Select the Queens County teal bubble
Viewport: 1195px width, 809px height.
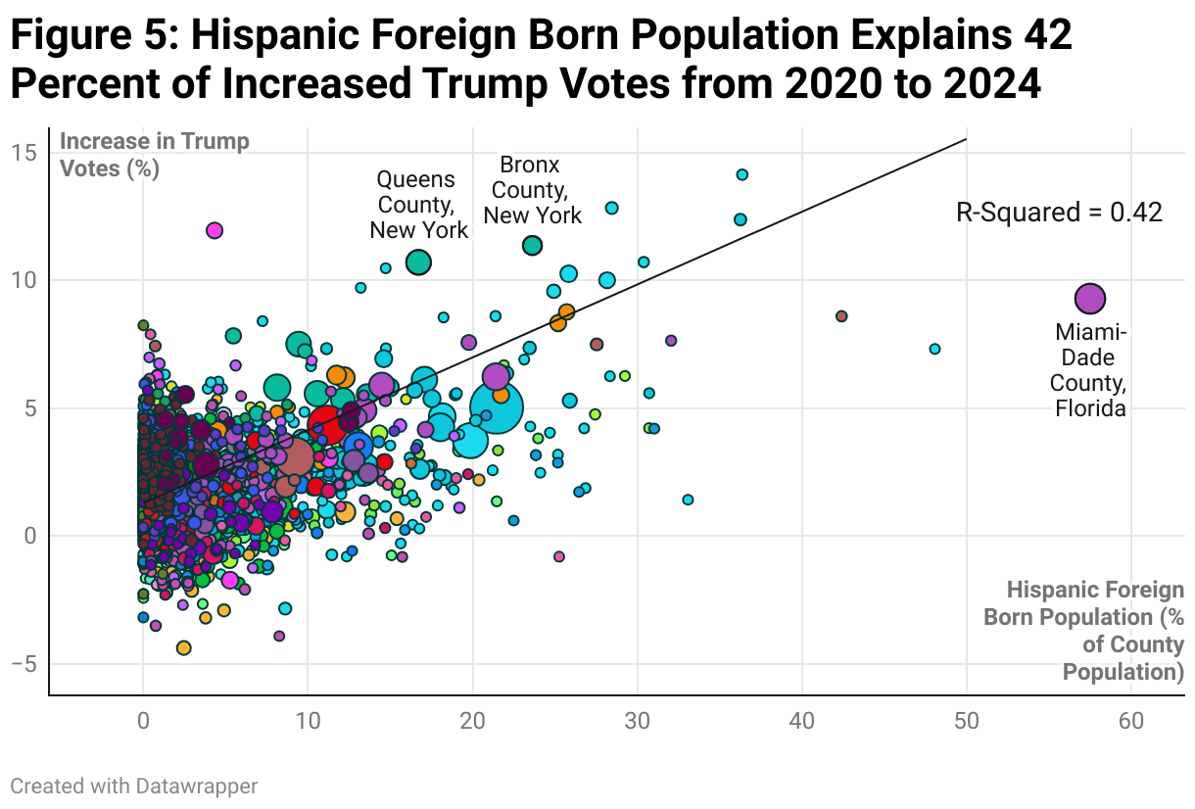click(x=418, y=262)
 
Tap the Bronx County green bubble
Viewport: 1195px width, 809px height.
click(x=532, y=246)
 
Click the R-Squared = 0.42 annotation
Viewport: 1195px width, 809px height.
click(x=1058, y=213)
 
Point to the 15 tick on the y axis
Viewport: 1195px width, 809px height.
click(x=25, y=153)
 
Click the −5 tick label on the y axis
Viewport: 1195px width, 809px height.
click(x=24, y=664)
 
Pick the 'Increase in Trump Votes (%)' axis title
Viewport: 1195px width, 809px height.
click(x=155, y=154)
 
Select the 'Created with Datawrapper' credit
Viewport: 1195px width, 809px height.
click(x=134, y=785)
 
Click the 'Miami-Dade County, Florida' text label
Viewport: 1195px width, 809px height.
click(x=1090, y=371)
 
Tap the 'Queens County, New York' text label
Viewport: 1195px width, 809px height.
click(x=418, y=205)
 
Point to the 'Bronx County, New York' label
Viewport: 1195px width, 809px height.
click(x=532, y=189)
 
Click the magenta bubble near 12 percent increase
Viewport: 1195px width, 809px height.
click(x=215, y=230)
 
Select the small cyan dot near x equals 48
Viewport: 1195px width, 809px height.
click(x=934, y=349)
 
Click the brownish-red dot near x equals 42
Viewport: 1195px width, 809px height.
click(x=841, y=316)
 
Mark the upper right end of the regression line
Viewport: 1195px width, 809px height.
click(x=966, y=139)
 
